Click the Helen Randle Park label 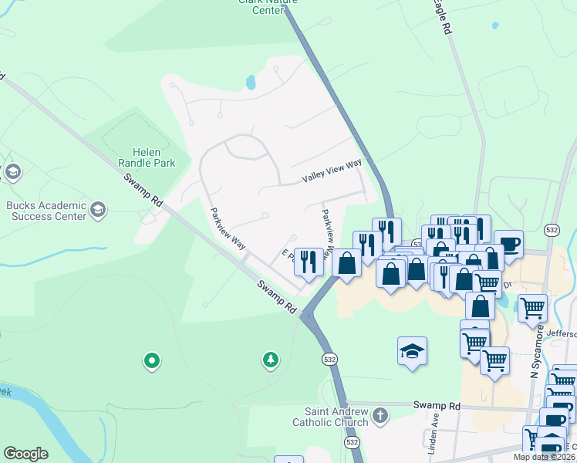[147, 157]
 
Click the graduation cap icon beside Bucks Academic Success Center [98, 209]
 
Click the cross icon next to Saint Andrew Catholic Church [379, 416]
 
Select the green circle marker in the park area [152, 360]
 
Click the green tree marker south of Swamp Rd [270, 359]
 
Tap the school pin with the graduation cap [412, 352]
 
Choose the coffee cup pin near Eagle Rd [508, 244]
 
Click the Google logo [25, 454]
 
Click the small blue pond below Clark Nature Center [250, 82]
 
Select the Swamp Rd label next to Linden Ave [436, 405]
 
